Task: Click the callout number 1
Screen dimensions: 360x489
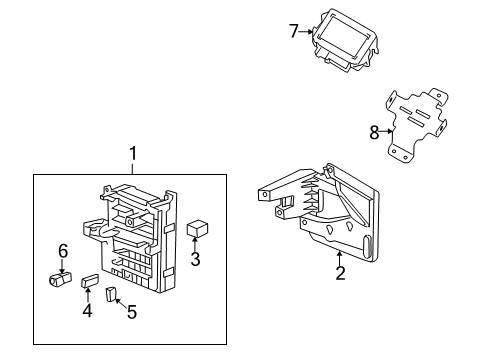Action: [x=131, y=154]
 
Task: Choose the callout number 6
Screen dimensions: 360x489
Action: [x=62, y=251]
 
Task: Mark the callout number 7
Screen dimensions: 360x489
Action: [x=294, y=31]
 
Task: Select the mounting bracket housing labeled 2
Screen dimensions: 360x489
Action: [x=320, y=215]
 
